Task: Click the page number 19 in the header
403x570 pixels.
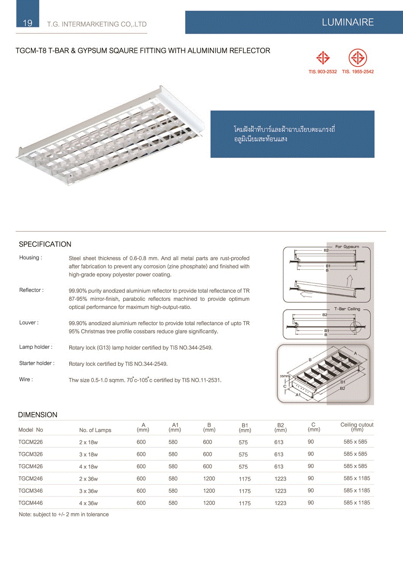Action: (x=27, y=23)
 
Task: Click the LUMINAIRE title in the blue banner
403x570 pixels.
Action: (x=347, y=22)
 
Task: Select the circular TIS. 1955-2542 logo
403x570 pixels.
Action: (x=357, y=58)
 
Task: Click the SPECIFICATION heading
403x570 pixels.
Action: (x=45, y=244)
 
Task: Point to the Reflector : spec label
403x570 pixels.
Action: (x=32, y=290)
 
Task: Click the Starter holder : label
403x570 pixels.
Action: (x=37, y=363)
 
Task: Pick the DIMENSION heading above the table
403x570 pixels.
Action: (x=38, y=415)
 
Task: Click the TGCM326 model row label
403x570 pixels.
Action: (x=30, y=454)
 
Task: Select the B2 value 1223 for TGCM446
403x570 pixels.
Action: (x=280, y=503)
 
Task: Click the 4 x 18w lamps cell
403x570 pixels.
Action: (x=88, y=467)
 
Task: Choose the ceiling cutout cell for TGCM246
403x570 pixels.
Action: (x=357, y=478)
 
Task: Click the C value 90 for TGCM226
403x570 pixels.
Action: (x=311, y=442)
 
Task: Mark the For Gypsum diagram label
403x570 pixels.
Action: (x=347, y=247)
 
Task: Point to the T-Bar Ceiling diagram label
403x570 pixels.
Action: (x=347, y=309)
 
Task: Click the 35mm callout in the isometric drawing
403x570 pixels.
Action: (x=285, y=376)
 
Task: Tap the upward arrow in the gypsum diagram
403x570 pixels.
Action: (x=349, y=282)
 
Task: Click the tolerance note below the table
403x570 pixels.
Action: (x=64, y=515)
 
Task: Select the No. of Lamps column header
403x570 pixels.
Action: (x=95, y=430)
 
